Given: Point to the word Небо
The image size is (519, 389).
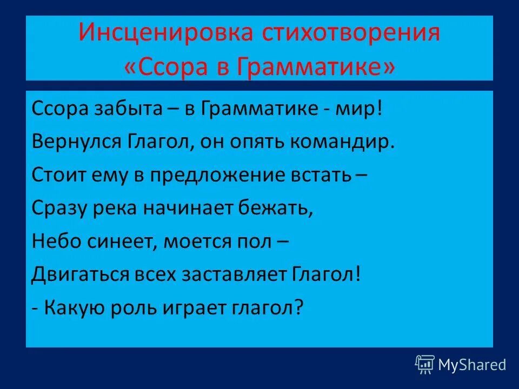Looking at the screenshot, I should coord(55,242).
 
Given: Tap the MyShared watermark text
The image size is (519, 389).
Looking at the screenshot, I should coord(472,365).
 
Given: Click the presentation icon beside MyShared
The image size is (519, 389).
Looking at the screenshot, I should coord(424,365).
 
